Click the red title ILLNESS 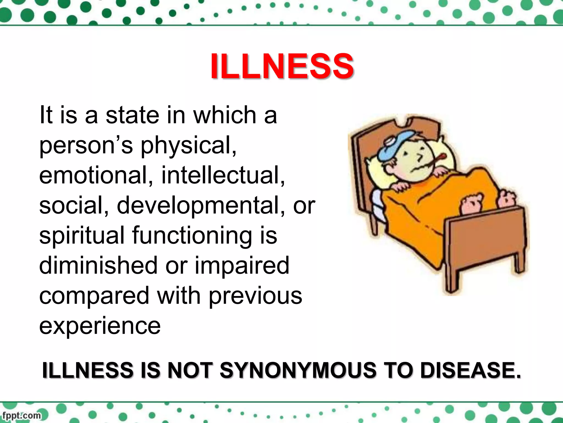click(x=282, y=66)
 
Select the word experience click(x=100, y=326)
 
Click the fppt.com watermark click(x=21, y=415)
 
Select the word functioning click(x=192, y=236)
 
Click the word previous click(x=255, y=295)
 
